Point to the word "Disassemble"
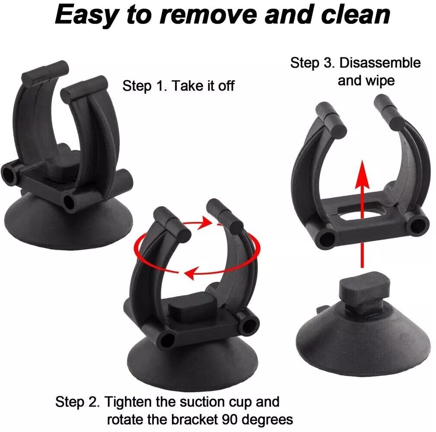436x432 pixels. [x=380, y=63]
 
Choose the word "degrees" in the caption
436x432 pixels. [x=267, y=420]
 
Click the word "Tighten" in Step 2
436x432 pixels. [x=128, y=402]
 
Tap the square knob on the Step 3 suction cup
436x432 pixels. [x=365, y=293]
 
